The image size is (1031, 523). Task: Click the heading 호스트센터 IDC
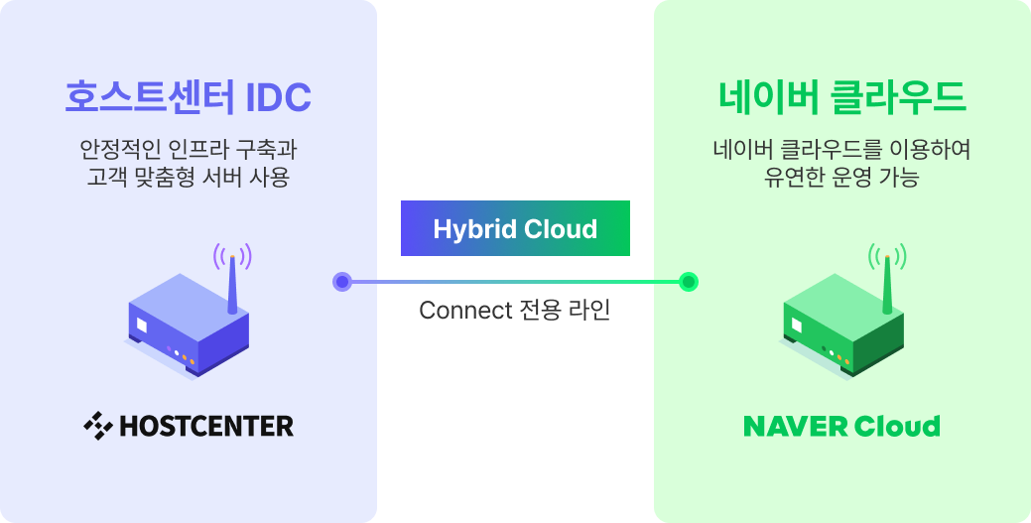click(x=188, y=97)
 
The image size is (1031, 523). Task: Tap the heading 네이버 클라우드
click(x=841, y=97)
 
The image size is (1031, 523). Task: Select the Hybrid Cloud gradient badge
click(x=515, y=229)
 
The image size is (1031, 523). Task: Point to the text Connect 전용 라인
click(x=514, y=311)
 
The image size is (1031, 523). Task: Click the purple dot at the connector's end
click(x=342, y=282)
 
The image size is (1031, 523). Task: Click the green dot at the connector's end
click(x=689, y=282)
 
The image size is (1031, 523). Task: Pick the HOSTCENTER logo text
click(x=205, y=427)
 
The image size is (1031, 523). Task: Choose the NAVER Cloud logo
click(x=841, y=427)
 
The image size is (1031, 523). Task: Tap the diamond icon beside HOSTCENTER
click(x=97, y=427)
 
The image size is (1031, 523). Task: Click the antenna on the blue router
click(x=232, y=286)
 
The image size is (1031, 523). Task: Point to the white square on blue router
click(x=142, y=325)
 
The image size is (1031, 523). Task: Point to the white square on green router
click(x=797, y=324)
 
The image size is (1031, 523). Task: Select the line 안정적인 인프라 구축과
click(x=188, y=151)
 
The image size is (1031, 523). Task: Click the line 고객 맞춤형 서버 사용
click(x=188, y=179)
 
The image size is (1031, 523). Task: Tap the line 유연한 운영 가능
click(x=841, y=179)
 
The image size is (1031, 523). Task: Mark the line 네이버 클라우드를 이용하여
click(x=841, y=151)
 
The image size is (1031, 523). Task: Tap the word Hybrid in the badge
click(x=469, y=229)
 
